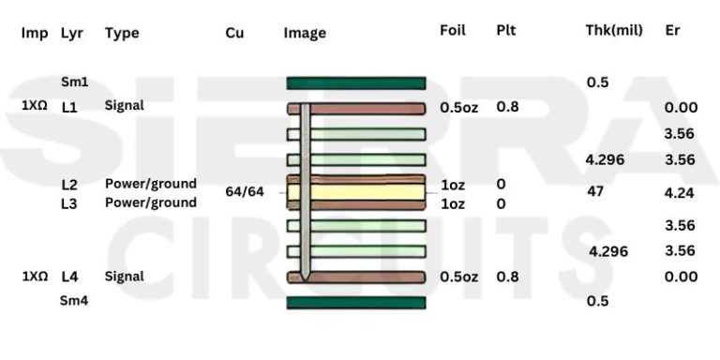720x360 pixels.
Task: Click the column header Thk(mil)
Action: [x=613, y=30]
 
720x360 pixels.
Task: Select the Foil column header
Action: [x=452, y=30]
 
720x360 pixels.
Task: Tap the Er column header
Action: [x=672, y=30]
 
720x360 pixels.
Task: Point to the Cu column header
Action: [x=234, y=32]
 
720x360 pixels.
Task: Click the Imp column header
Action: [x=35, y=32]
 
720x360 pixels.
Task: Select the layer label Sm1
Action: [x=73, y=82]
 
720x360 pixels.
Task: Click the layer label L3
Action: [x=69, y=204]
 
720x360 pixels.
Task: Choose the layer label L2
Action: [x=69, y=185]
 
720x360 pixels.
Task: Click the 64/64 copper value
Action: [x=245, y=192]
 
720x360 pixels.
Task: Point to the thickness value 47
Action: [x=595, y=191]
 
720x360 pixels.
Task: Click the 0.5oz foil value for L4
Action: [x=458, y=277]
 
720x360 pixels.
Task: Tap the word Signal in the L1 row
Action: [x=124, y=105]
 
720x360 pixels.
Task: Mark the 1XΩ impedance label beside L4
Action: [x=35, y=277]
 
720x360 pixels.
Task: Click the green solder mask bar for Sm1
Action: [x=356, y=83]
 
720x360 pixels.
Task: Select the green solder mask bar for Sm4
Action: [x=356, y=302]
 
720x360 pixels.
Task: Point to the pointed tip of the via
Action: [x=306, y=278]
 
